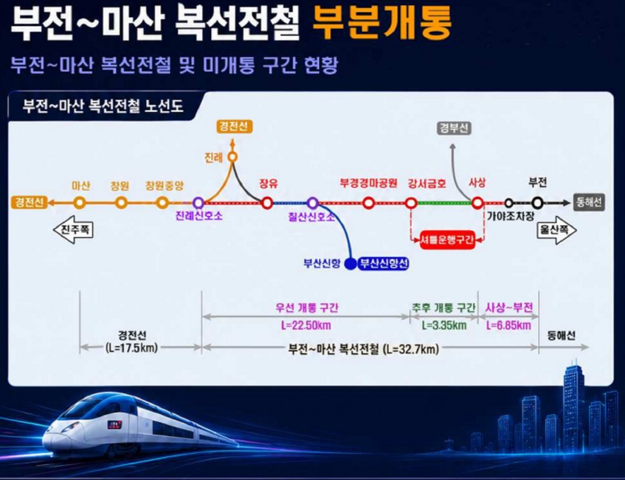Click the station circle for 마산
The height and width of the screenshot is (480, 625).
click(x=80, y=203)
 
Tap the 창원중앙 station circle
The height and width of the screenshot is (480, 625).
click(x=162, y=203)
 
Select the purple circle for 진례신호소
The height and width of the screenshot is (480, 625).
click(x=198, y=203)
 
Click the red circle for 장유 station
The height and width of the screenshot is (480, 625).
click(x=267, y=203)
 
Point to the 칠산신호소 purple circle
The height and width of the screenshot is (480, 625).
click(x=312, y=203)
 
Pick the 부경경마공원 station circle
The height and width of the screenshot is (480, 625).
click(x=368, y=203)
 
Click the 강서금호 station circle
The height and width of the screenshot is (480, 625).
click(x=411, y=203)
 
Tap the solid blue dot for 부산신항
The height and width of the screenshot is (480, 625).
click(x=351, y=264)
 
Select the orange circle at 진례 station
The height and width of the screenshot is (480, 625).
click(x=233, y=157)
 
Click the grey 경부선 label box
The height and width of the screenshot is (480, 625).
click(x=454, y=128)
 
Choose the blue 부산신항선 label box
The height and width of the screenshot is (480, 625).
click(x=384, y=264)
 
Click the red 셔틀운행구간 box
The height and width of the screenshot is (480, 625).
click(x=447, y=239)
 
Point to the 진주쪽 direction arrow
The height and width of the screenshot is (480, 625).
click(x=73, y=230)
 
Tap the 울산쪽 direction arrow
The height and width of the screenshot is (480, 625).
click(x=557, y=230)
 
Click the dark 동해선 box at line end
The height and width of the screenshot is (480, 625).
click(x=589, y=202)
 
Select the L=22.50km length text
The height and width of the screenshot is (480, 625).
click(x=306, y=326)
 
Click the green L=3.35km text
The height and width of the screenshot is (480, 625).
click(x=444, y=326)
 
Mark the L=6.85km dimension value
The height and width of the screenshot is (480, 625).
click(x=508, y=326)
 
